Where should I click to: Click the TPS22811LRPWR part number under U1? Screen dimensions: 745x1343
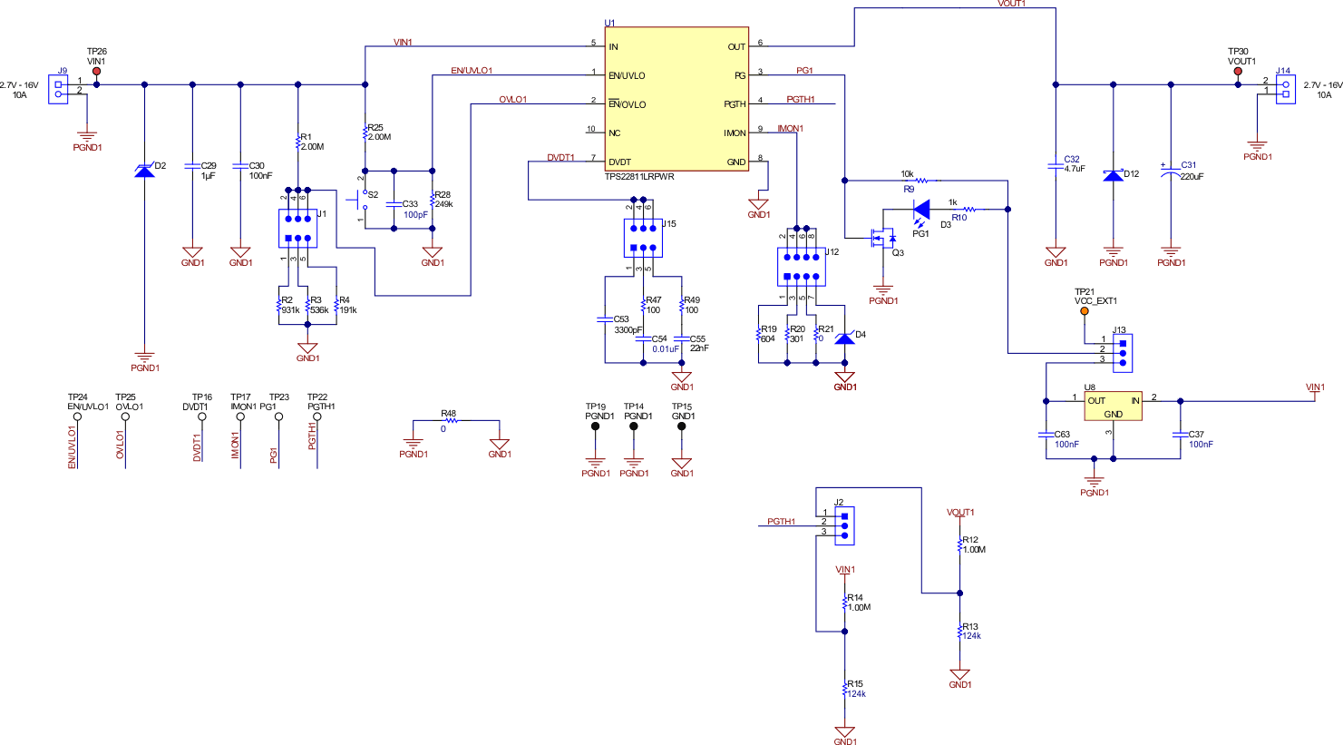pyautogui.click(x=639, y=177)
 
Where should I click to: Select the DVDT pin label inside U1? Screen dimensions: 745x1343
pyautogui.click(x=619, y=162)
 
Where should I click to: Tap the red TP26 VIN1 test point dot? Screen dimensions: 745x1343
pyautogui.click(x=97, y=71)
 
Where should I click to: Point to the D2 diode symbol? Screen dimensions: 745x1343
pyautogui.click(x=144, y=170)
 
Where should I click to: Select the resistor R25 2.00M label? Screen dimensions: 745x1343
pyautogui.click(x=378, y=132)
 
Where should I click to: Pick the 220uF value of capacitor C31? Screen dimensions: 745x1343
pyautogui.click(x=1192, y=177)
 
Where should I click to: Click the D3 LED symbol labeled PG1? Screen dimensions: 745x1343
pyautogui.click(x=921, y=211)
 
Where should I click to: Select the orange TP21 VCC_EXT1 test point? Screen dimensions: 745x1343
pyautogui.click(x=1084, y=311)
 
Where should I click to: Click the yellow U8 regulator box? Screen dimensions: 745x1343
pyautogui.click(x=1113, y=406)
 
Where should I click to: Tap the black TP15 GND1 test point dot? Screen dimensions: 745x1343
pyautogui.click(x=682, y=426)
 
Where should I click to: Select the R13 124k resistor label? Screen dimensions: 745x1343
pyautogui.click(x=971, y=632)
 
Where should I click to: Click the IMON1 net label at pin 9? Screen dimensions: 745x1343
pyautogui.click(x=790, y=129)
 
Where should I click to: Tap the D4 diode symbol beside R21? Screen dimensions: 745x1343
pyautogui.click(x=844, y=338)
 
